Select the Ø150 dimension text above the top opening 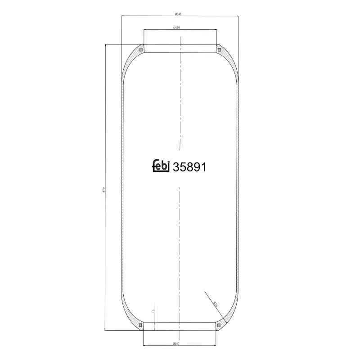click(x=176, y=28)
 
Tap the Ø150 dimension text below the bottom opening click(x=176, y=344)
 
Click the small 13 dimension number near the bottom click(x=153, y=311)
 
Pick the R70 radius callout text click(x=216, y=305)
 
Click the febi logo click(x=160, y=166)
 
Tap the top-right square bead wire click(x=219, y=49)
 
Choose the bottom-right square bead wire click(x=219, y=325)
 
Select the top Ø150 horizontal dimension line click(x=198, y=30)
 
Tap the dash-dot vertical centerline click(x=180, y=112)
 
